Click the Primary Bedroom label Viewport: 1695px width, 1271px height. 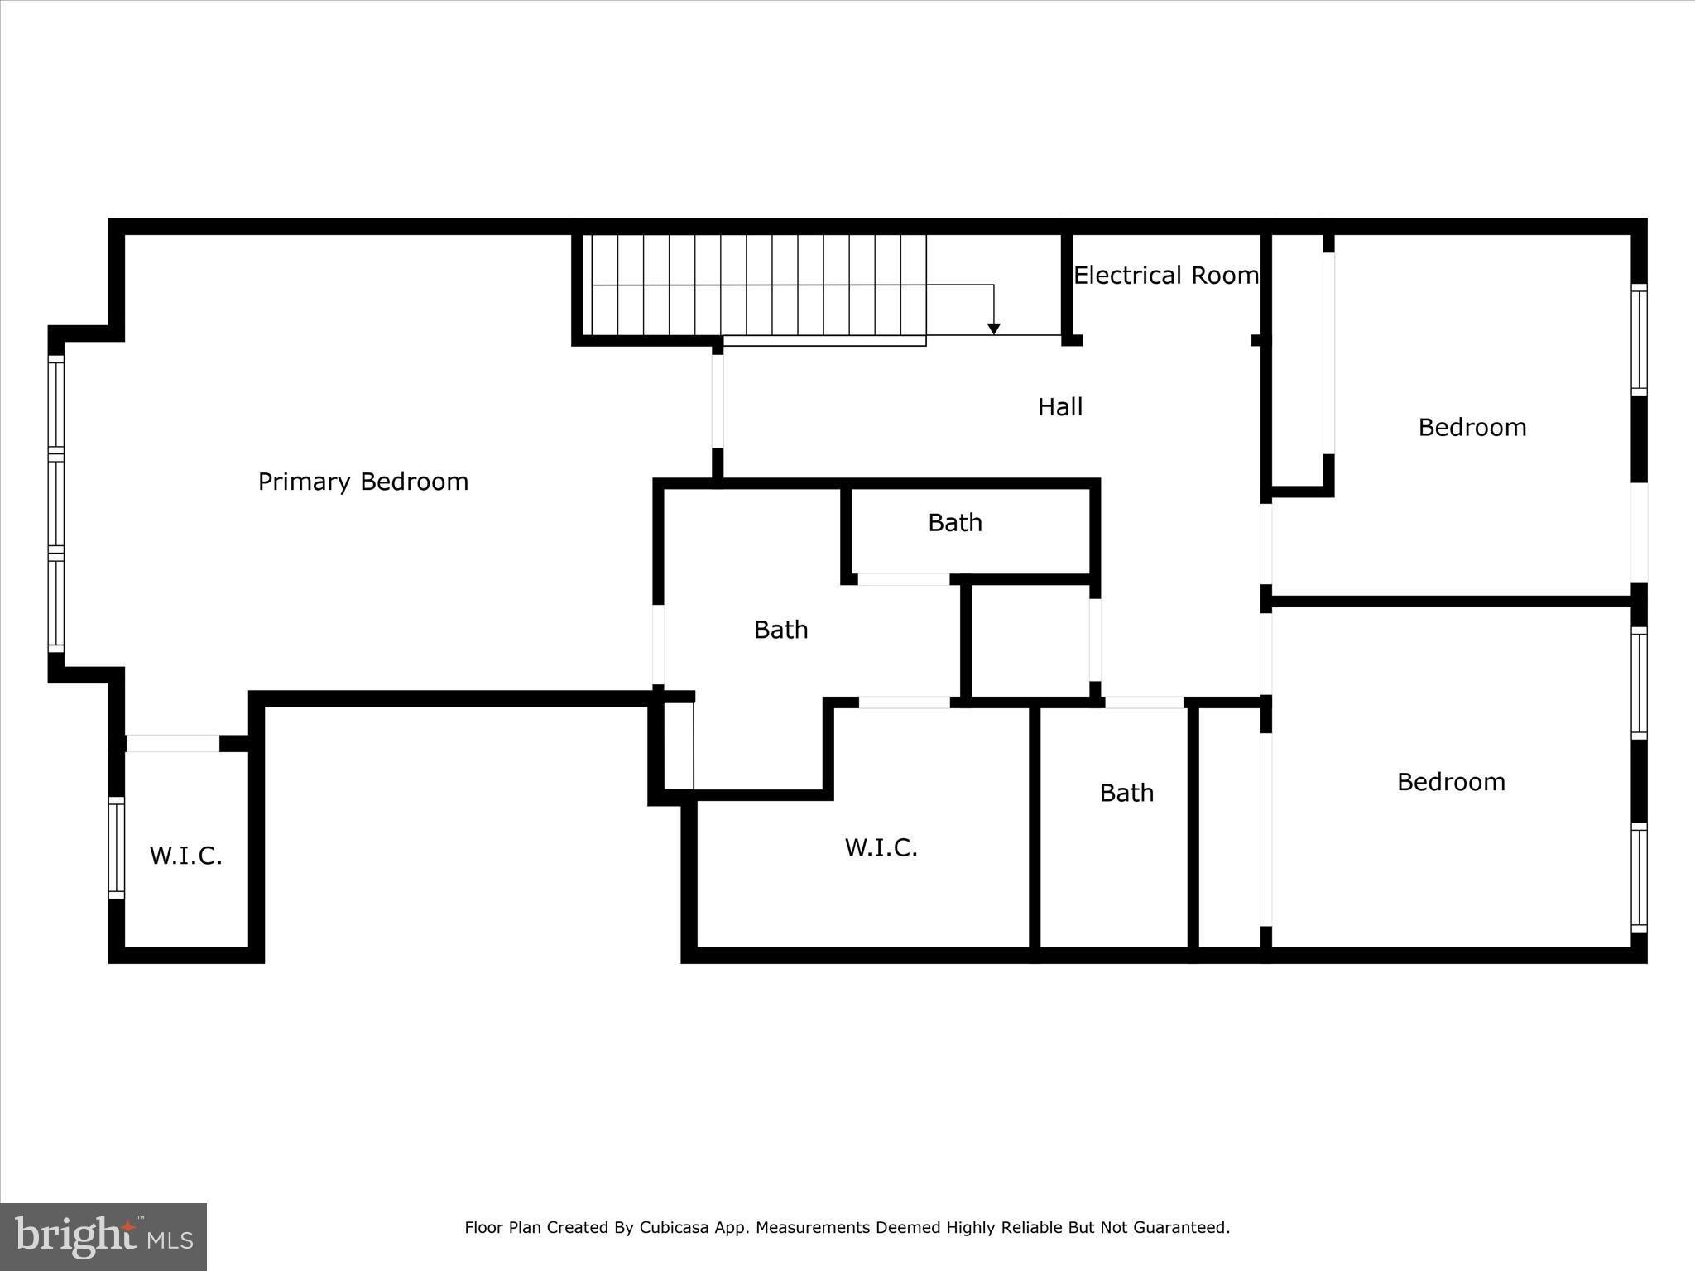coord(363,482)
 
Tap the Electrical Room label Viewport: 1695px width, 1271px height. coord(1165,276)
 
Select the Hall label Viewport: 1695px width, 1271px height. coord(1060,407)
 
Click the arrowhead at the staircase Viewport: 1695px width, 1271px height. coord(994,329)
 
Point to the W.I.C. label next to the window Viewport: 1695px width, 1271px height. coord(185,856)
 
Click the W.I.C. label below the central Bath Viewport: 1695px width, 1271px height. coord(881,847)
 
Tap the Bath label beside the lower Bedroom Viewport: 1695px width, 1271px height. coord(1126,793)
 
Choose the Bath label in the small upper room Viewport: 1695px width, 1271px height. coord(954,523)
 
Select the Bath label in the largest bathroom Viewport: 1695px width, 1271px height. coord(780,630)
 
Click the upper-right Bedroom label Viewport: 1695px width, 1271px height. coord(1472,428)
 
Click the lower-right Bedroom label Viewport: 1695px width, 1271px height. coord(1450,782)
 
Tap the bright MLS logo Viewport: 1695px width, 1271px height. coord(103,1236)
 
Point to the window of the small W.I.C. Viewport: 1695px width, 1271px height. coord(117,847)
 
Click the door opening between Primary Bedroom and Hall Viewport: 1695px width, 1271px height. coord(718,401)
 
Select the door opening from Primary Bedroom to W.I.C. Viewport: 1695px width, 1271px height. coord(172,743)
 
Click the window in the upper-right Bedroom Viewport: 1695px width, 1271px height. coord(1639,339)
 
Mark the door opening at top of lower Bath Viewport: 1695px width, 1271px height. coord(1144,703)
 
